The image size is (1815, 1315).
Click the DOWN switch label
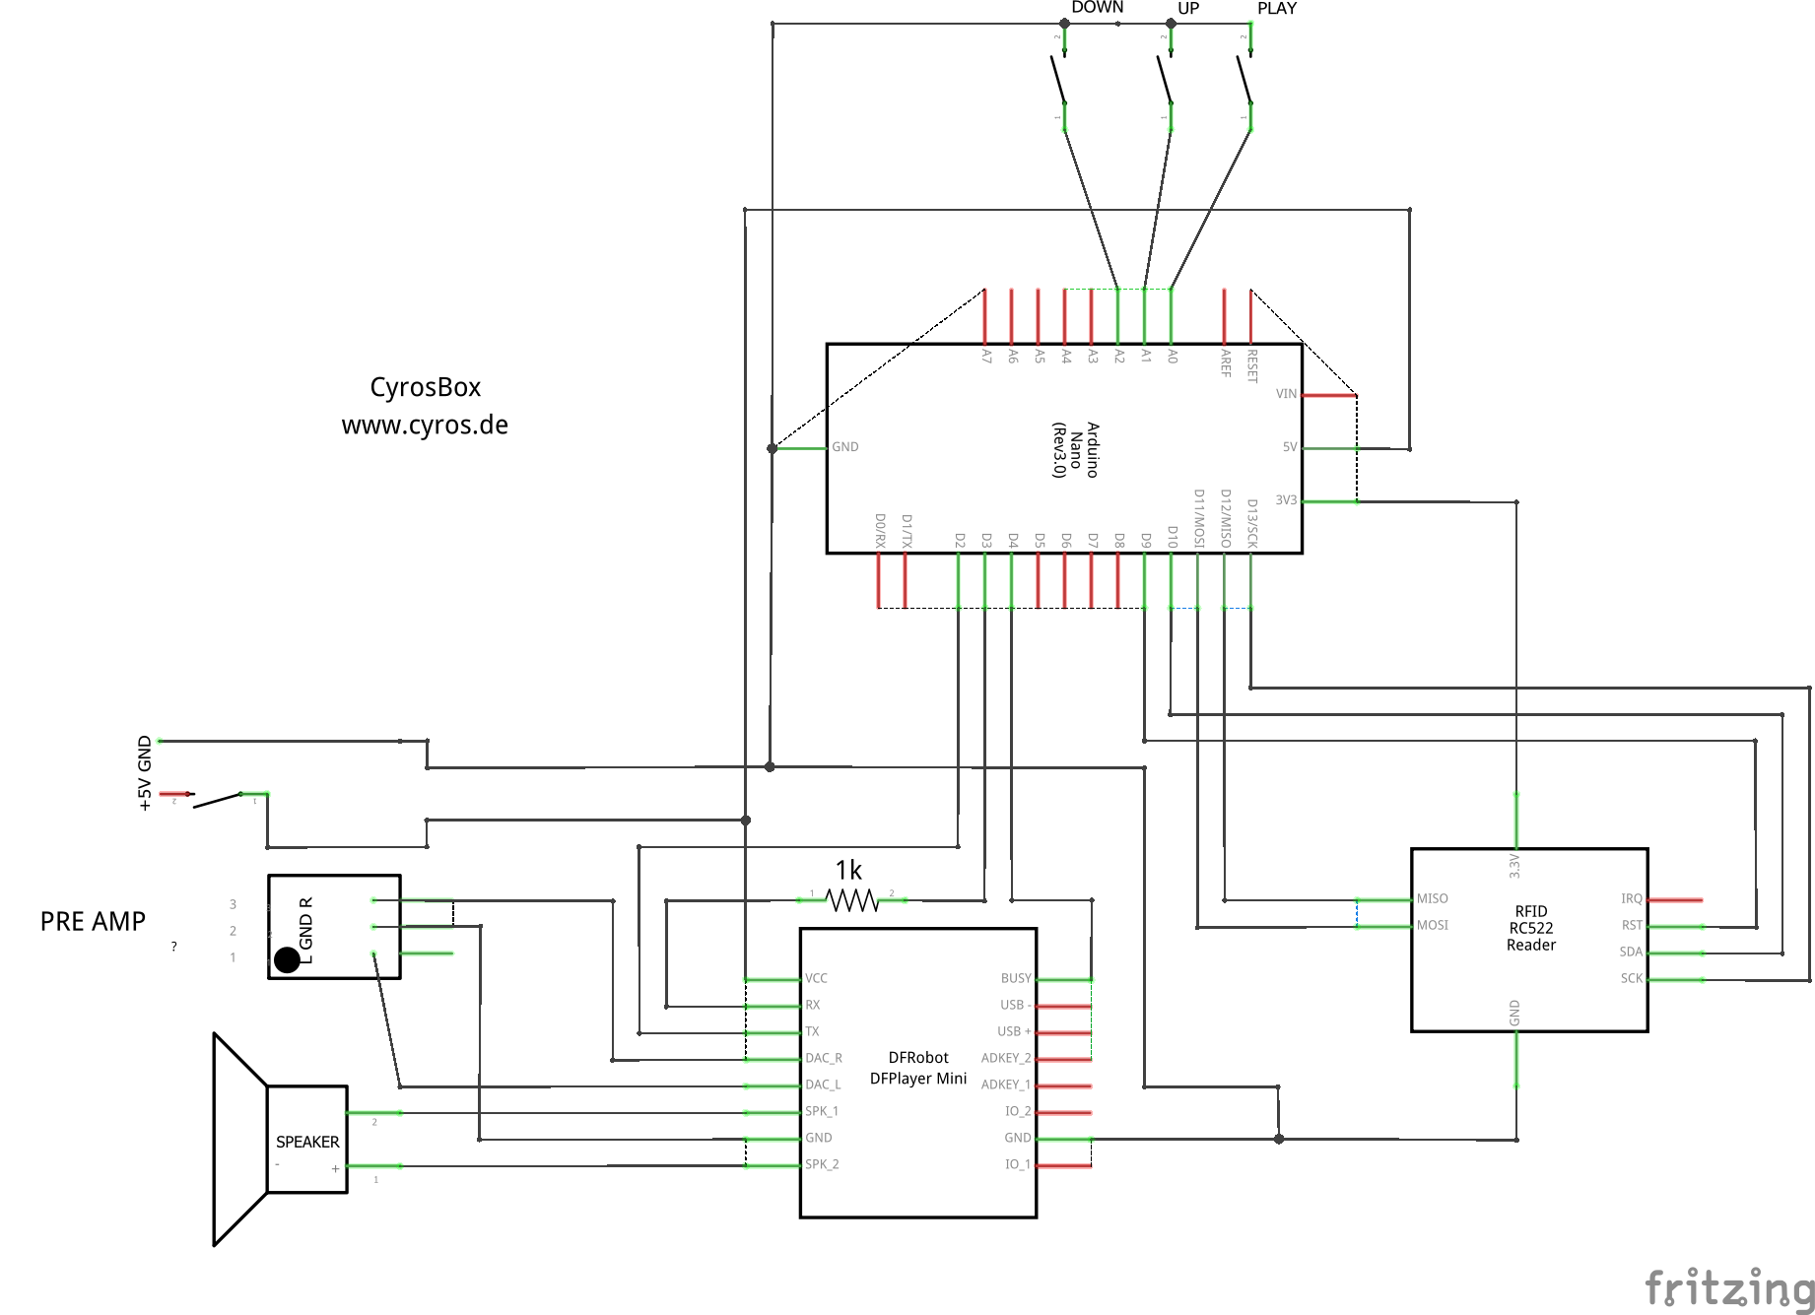pos(1097,8)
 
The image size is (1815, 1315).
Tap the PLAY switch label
pos(1276,9)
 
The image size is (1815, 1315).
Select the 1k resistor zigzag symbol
pos(852,900)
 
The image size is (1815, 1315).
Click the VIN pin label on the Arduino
pos(1286,394)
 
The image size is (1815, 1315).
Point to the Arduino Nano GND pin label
pos(844,447)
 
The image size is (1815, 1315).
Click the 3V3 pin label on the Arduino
pos(1286,500)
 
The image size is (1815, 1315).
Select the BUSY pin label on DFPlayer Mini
pos(1015,978)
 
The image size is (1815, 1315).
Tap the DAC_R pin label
pos(823,1058)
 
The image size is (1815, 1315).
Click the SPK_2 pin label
pos(822,1164)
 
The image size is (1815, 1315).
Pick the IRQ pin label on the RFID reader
pos(1631,898)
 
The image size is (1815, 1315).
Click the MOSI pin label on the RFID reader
pos(1432,925)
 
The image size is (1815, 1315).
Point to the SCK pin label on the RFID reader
pos(1631,978)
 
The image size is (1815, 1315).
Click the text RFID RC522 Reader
pos(1530,928)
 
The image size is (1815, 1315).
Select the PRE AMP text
pos(93,921)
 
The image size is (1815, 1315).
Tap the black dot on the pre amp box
pos(287,959)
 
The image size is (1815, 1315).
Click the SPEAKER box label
pos(307,1142)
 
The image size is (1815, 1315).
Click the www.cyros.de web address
pos(425,426)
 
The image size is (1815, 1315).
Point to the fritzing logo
pos(1729,1287)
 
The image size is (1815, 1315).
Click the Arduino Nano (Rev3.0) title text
pos(1075,449)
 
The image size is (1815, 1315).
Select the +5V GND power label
pos(145,773)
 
